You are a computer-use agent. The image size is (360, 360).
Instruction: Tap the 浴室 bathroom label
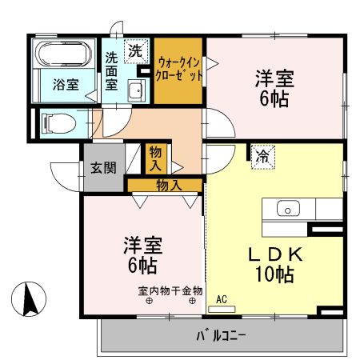point(66,84)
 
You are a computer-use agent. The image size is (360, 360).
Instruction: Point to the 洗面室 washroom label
point(112,70)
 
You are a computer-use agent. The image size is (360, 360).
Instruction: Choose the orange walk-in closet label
point(178,69)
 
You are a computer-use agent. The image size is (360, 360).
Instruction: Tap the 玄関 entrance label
point(102,168)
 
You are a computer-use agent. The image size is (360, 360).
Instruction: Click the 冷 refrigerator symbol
point(262,157)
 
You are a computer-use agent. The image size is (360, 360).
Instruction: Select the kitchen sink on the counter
point(286,209)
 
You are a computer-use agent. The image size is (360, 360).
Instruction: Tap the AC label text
point(222,299)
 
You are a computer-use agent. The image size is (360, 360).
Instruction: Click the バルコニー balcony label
point(222,334)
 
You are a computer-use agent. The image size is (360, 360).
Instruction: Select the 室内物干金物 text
point(170,290)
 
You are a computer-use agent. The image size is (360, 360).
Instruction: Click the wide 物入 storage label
point(168,185)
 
